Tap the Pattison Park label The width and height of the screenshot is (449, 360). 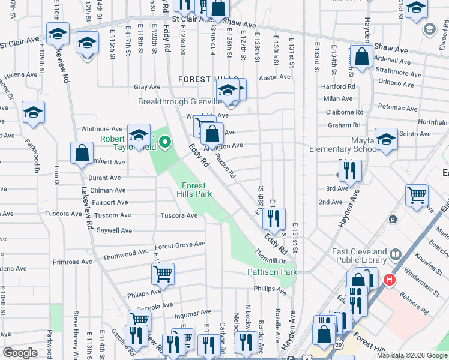click(272, 272)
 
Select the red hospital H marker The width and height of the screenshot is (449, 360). click(390, 280)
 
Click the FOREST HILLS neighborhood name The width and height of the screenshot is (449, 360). click(202, 79)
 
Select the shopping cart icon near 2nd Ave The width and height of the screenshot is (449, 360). click(416, 195)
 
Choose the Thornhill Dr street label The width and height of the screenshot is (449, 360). click(270, 260)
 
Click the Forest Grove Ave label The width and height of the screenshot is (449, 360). click(179, 245)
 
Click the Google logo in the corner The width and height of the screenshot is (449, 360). click(20, 353)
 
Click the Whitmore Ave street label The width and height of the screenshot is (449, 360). click(101, 129)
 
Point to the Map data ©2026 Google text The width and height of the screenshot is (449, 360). click(411, 355)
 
